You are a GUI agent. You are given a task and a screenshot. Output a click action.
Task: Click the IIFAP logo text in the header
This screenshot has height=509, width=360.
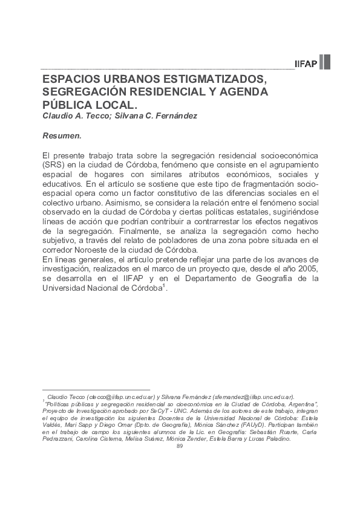(306, 63)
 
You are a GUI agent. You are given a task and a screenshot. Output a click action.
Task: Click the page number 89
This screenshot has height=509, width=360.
(179, 446)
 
